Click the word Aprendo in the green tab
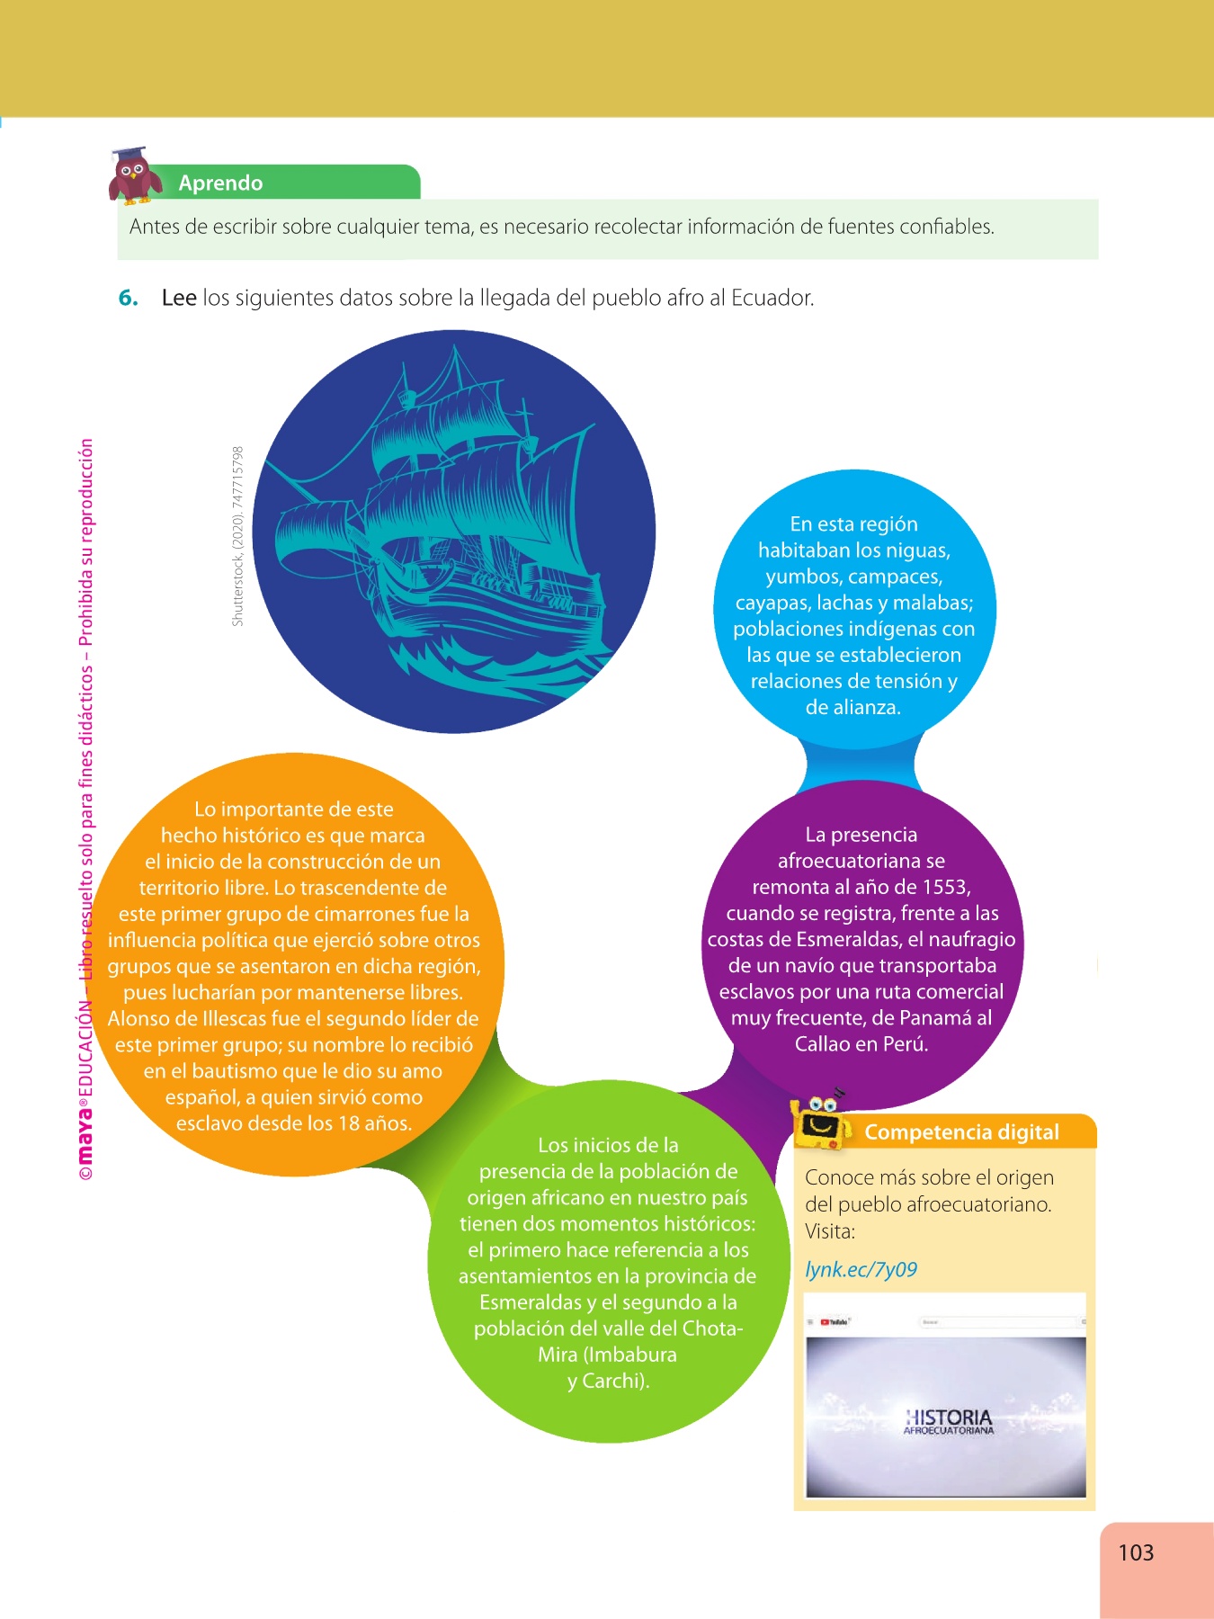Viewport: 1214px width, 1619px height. click(x=220, y=183)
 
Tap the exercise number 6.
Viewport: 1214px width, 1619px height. click(x=128, y=299)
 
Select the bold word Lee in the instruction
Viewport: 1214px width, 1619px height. click(x=179, y=299)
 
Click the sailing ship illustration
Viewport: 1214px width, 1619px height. click(x=454, y=531)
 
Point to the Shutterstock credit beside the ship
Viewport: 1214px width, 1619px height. click(x=237, y=536)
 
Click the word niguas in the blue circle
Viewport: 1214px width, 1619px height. click(x=916, y=550)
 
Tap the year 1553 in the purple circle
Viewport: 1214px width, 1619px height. click(x=945, y=887)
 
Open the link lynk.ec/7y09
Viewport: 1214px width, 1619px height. click(x=861, y=1270)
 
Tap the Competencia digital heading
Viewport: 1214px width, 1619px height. click(x=961, y=1132)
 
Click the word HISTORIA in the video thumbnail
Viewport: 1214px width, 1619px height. click(x=949, y=1417)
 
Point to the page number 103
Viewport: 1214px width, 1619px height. click(x=1136, y=1552)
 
